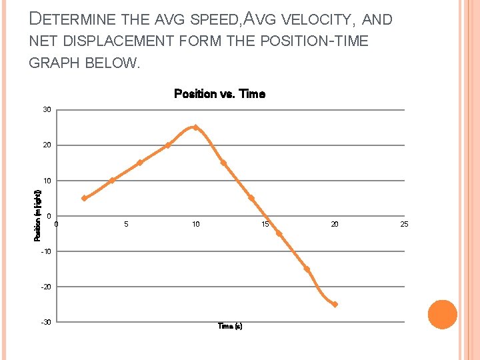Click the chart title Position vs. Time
point(219,94)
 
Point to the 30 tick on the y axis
point(47,109)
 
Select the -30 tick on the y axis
point(45,322)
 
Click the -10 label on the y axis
point(45,251)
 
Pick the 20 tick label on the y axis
point(47,145)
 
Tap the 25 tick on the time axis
point(404,224)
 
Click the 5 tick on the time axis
point(126,224)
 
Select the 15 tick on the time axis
point(265,224)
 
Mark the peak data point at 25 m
point(195,127)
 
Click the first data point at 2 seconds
point(84,198)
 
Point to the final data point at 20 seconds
point(335,304)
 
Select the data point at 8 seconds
point(167,145)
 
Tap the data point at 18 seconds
point(307,269)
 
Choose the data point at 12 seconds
point(223,163)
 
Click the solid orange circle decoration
point(443,315)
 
